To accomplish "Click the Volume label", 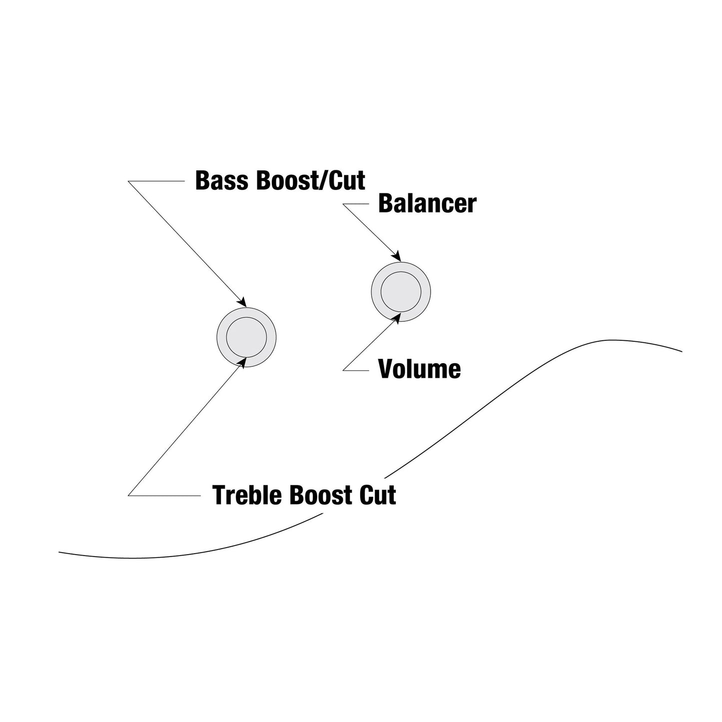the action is coord(419,369).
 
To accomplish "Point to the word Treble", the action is coord(247,495).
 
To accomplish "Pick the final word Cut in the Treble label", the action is coord(378,495).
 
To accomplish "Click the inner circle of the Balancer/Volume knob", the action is coord(401,292).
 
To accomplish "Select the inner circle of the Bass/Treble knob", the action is coord(246,337).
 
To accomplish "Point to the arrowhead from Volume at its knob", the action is coord(397,318).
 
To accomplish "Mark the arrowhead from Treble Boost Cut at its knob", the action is coord(243,363).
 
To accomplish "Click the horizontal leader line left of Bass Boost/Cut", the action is coord(156,181).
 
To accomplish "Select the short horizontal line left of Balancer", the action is coord(356,204).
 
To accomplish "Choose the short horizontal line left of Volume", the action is coord(356,371).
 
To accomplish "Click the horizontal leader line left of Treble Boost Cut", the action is coord(164,496).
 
